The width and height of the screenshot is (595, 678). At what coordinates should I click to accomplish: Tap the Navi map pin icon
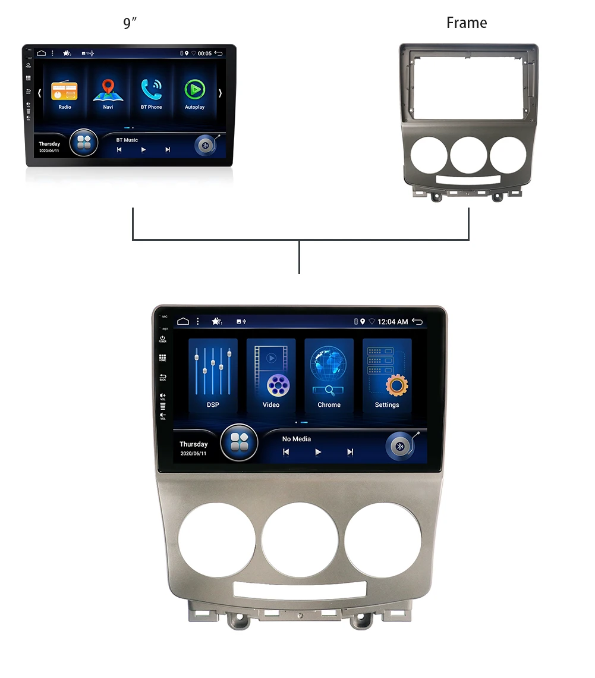[x=108, y=90]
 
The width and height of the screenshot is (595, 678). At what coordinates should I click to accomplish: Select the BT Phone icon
[x=151, y=90]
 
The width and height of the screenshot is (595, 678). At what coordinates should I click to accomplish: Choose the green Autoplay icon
[x=194, y=90]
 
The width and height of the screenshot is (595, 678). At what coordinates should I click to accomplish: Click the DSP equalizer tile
[x=213, y=375]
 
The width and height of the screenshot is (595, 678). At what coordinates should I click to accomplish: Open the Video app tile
[x=271, y=375]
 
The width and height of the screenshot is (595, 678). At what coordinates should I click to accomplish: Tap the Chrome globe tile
[x=329, y=375]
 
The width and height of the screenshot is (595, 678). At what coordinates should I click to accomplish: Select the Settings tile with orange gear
[x=387, y=375]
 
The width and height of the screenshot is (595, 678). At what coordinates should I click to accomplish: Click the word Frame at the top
[x=467, y=23]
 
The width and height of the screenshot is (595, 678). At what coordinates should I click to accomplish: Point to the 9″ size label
[x=130, y=24]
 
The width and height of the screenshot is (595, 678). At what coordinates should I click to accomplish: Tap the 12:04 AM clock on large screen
[x=393, y=322]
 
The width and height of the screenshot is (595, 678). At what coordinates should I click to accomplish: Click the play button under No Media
[x=318, y=452]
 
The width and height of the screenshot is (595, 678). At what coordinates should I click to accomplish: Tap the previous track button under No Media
[x=286, y=452]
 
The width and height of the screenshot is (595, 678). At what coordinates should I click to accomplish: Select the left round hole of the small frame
[x=426, y=155]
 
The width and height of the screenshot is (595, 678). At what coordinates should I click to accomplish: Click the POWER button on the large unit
[x=162, y=339]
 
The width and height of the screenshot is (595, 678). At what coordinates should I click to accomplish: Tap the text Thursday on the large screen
[x=194, y=444]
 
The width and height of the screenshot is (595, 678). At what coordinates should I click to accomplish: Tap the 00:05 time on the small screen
[x=204, y=54]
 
